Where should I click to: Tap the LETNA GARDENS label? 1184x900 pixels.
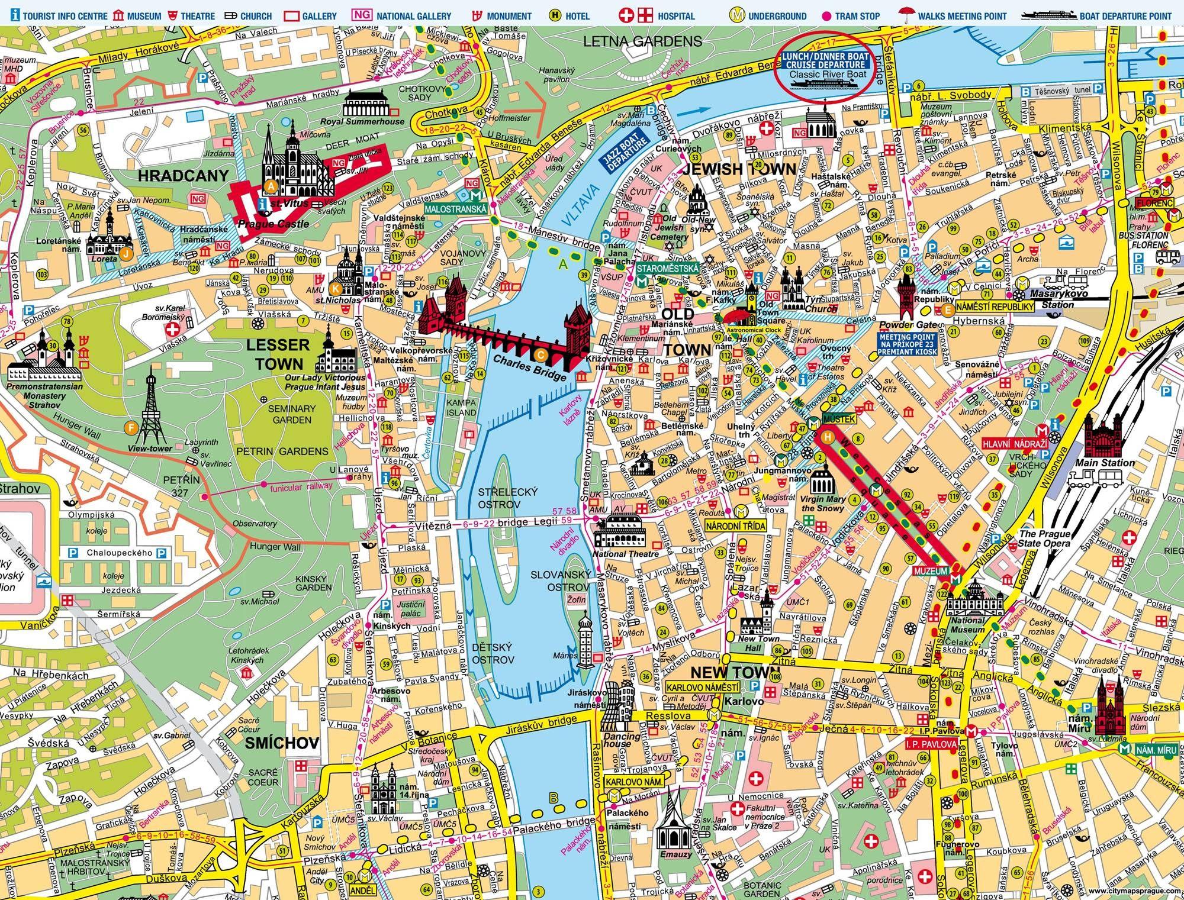pyautogui.click(x=642, y=41)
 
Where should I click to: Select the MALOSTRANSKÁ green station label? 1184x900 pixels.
pyautogui.click(x=455, y=209)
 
